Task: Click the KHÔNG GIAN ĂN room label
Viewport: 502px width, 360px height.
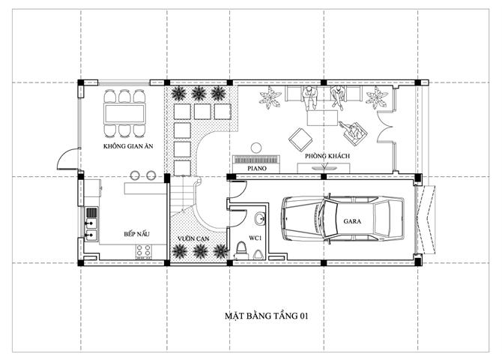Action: click(128, 146)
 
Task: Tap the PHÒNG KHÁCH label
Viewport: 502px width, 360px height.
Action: click(327, 156)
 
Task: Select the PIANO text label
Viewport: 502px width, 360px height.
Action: click(257, 168)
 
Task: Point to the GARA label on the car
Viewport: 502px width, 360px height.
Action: click(352, 221)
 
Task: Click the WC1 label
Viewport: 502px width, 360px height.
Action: click(255, 238)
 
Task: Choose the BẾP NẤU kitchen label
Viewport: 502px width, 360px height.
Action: click(136, 234)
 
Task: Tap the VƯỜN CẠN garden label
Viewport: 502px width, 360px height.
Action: click(193, 238)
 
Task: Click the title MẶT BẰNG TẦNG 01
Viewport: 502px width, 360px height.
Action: click(267, 316)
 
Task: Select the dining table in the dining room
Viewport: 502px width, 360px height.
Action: click(124, 113)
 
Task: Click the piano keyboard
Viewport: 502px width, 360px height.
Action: click(256, 160)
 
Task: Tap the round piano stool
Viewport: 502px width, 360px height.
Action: click(255, 148)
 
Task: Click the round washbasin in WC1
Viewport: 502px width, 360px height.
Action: click(260, 219)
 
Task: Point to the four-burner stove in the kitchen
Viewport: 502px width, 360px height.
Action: click(143, 250)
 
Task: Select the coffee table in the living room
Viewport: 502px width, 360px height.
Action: click(322, 118)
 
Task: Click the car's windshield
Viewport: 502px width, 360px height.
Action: click(330, 220)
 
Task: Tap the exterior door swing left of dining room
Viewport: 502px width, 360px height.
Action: click(68, 158)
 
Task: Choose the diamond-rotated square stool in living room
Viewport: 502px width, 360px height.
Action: click(301, 139)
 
